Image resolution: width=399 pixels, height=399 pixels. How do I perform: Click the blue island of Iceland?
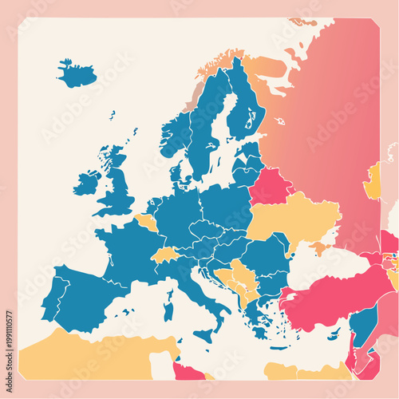pyautogui.click(x=77, y=74)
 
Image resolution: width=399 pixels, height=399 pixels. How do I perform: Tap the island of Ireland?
pyautogui.click(x=87, y=183)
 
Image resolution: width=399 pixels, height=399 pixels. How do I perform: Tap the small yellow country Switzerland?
pyautogui.click(x=164, y=255)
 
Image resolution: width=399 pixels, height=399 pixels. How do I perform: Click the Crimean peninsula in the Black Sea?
pyautogui.click(x=319, y=248)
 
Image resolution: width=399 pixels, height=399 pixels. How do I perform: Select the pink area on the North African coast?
pyautogui.click(x=188, y=371)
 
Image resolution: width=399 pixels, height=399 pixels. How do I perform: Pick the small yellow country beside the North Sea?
pyautogui.click(x=147, y=221)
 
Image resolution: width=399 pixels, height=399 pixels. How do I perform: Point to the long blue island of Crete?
pyautogui.click(x=272, y=348)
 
